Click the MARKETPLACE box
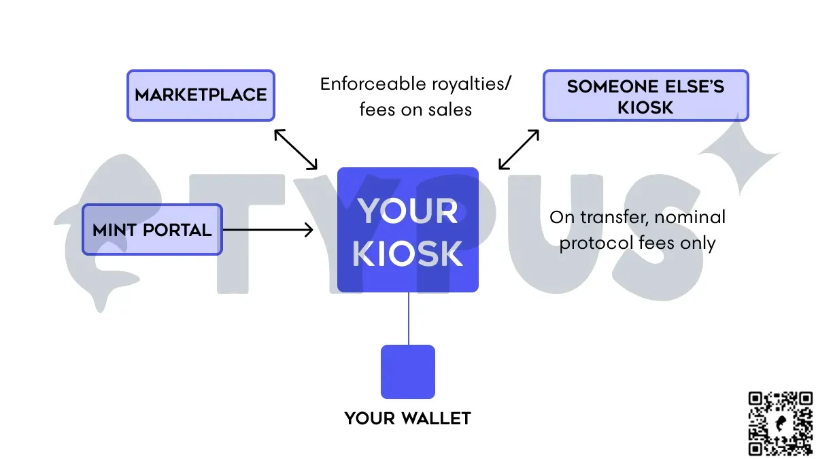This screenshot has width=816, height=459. [201, 95]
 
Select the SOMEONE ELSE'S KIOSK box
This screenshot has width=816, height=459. [645, 96]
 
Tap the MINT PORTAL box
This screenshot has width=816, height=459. [152, 230]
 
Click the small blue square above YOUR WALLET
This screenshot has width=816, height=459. [408, 371]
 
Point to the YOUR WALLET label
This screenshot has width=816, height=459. [408, 418]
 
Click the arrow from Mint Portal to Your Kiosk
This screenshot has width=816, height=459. [268, 231]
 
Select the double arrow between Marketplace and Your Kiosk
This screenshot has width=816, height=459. [296, 149]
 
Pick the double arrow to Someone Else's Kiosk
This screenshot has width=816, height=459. [519, 149]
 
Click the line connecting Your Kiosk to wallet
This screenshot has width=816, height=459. [409, 318]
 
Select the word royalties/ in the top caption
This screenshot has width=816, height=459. [472, 84]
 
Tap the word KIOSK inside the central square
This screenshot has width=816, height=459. [409, 254]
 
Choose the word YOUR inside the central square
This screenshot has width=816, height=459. [409, 211]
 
